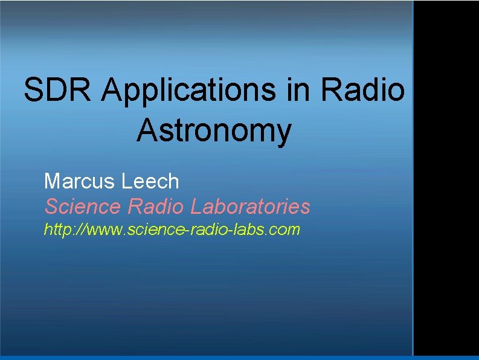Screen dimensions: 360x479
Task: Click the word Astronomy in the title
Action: [214, 131]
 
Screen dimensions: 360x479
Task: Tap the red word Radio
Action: [155, 207]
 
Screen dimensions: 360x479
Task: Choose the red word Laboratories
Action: [250, 207]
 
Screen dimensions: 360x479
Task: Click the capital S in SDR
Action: [33, 91]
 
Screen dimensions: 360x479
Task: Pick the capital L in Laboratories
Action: [196, 207]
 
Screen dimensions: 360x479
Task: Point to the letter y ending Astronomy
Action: [283, 134]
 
